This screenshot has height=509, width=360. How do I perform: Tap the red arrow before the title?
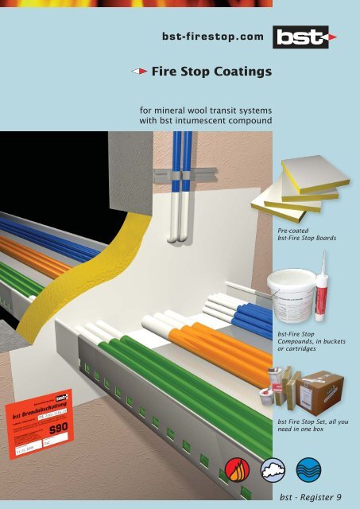coord(139,73)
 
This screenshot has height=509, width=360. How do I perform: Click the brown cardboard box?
coord(321,390)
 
